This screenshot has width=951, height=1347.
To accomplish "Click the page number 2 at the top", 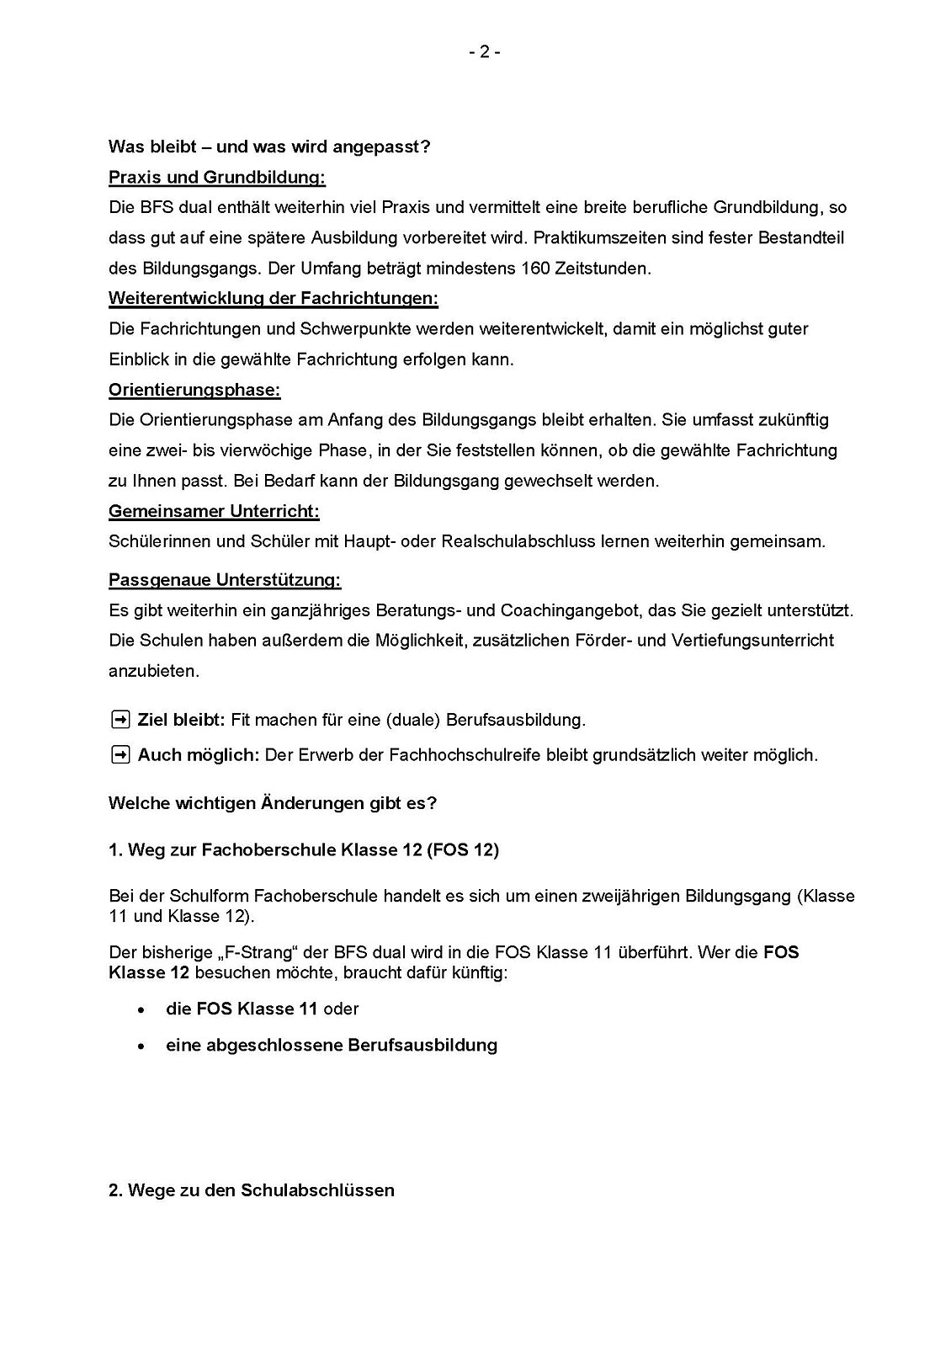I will click(x=484, y=52).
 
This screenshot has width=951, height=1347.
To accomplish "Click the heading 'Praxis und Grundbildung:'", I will click(x=217, y=178).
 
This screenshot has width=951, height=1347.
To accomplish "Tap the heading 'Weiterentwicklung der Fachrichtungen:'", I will click(x=274, y=299).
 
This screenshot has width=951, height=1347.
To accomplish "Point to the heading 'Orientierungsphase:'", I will click(x=194, y=391).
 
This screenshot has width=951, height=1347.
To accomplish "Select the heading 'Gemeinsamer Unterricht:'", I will click(x=214, y=512).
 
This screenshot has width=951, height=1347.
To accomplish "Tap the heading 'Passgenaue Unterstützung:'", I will click(x=225, y=580).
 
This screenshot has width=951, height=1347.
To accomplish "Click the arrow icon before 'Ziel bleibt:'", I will click(x=120, y=720).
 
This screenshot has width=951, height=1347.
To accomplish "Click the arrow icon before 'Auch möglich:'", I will click(x=120, y=755).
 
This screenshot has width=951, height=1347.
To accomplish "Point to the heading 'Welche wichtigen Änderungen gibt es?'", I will click(x=273, y=803).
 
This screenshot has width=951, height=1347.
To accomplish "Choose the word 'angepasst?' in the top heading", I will click(x=390, y=147).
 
